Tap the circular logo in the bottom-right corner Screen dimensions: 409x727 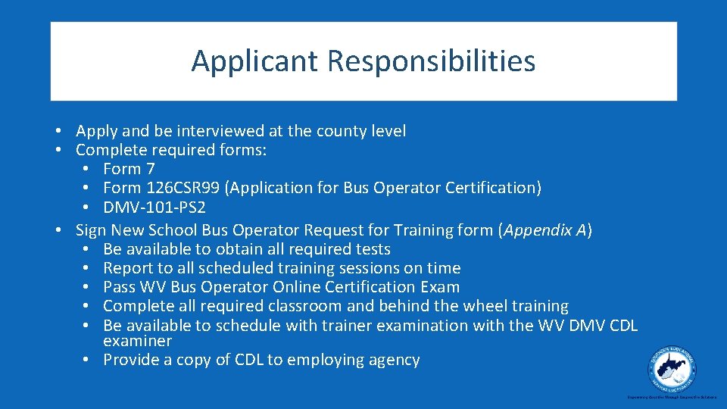coord(672,370)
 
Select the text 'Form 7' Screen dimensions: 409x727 coord(128,169)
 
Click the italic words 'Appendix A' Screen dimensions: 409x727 coord(544,230)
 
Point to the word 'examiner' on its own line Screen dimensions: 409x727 coord(137,342)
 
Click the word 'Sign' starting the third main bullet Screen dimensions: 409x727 coord(91,230)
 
